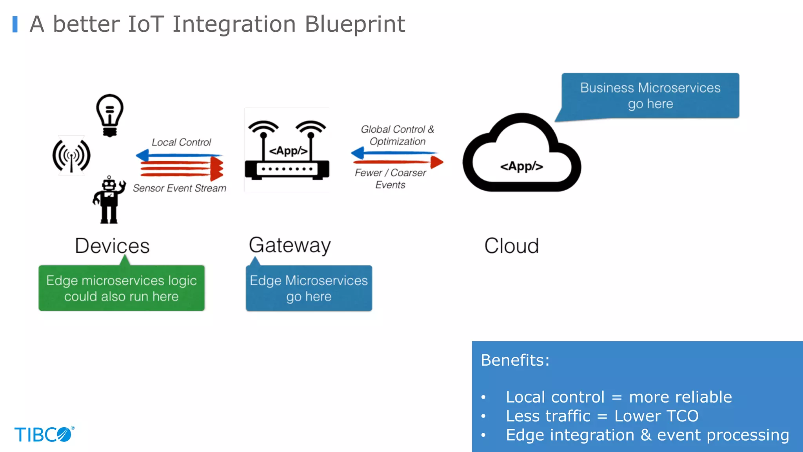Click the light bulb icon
[x=110, y=115]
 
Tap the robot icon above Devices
[x=109, y=200]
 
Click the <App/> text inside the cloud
[x=521, y=166]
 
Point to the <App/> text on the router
[x=288, y=151]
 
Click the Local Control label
[x=181, y=142]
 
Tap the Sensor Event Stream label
[x=180, y=188]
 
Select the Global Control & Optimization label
[x=397, y=135]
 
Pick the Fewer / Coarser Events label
[x=390, y=179]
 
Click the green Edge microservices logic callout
[x=122, y=288]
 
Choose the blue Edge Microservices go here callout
[x=309, y=288]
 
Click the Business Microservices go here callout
[x=650, y=95]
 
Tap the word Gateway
[x=290, y=246]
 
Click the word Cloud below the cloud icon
[x=511, y=246]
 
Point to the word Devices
[x=112, y=246]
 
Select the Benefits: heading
[x=515, y=360]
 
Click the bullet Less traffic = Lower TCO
[x=602, y=416]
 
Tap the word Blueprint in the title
[x=354, y=24]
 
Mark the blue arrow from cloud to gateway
[x=394, y=153]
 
